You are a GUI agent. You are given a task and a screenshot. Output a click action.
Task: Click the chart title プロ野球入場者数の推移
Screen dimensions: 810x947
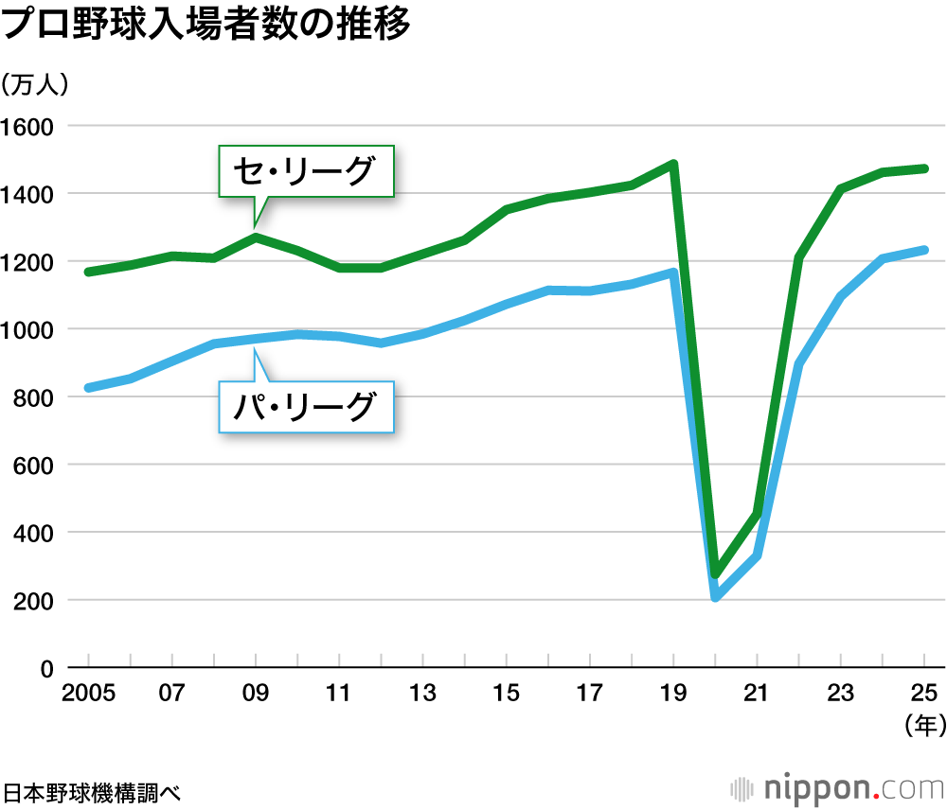[206, 26]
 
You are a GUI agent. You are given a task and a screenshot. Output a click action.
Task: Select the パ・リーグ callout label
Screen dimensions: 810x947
[306, 407]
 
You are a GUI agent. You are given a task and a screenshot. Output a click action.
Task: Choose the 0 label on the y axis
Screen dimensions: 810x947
[44, 669]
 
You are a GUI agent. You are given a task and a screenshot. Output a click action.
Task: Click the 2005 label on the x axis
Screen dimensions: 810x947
[88, 694]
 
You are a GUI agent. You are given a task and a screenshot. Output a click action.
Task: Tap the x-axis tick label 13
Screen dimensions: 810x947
[423, 694]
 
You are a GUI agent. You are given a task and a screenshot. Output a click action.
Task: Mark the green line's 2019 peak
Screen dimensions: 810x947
[673, 164]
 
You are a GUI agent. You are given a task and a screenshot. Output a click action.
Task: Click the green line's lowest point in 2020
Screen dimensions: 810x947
[716, 573]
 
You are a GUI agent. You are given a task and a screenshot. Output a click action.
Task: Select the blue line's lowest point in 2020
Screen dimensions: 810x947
[716, 597]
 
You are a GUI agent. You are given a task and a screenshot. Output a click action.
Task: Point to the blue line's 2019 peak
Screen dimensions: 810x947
[673, 273]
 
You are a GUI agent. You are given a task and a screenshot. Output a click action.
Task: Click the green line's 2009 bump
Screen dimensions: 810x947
[256, 237]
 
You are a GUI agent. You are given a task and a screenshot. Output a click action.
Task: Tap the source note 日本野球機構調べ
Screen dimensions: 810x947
[91, 789]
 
